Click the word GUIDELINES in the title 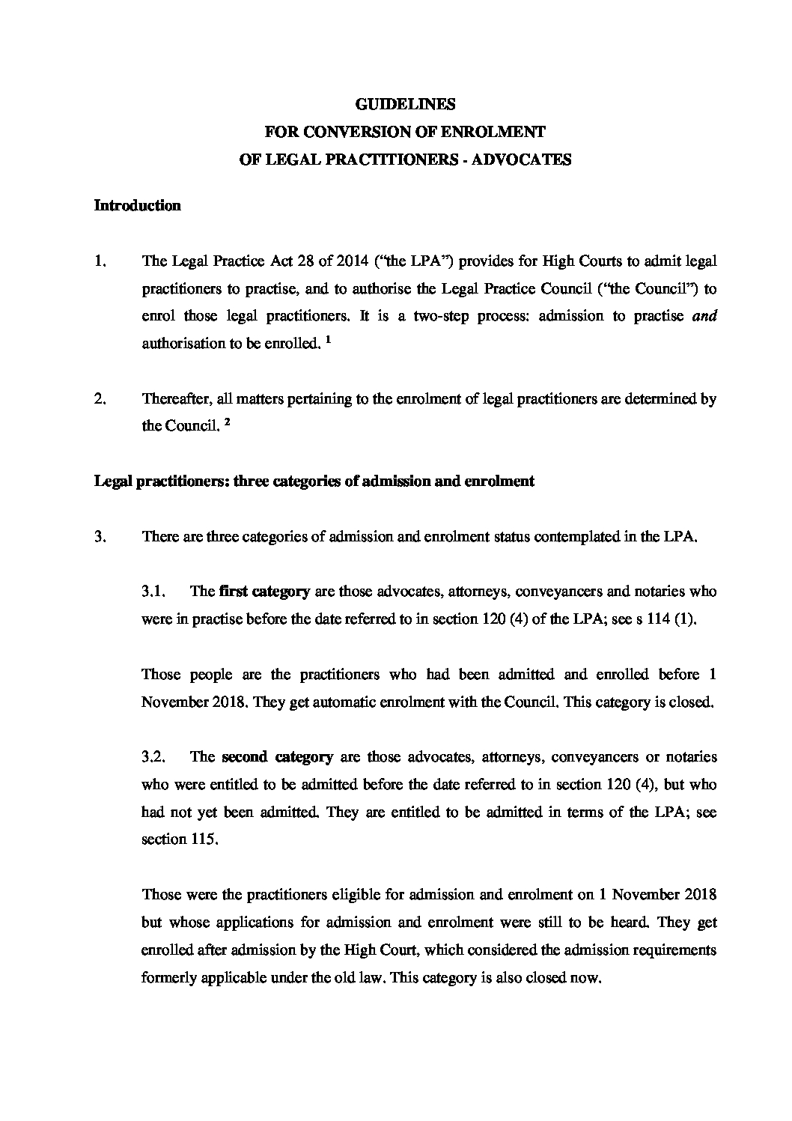point(404,104)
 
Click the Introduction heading point(137,206)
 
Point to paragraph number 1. point(100,261)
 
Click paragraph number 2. point(100,399)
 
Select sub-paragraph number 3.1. point(156,592)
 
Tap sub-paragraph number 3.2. point(157,757)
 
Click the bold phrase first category point(265,592)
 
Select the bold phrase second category point(277,757)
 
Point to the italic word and point(705,316)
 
